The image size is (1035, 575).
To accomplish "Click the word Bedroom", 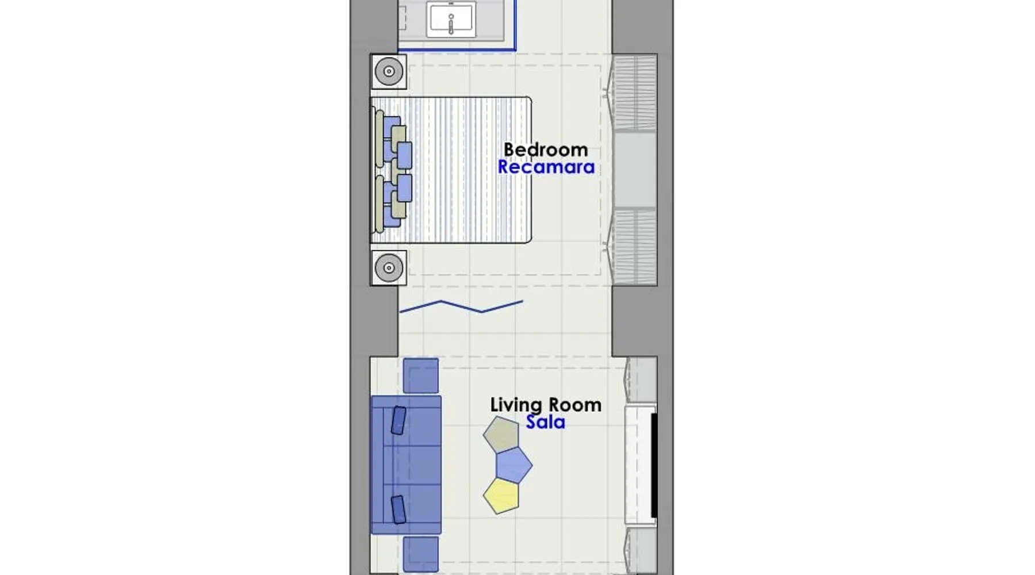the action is coord(546,149).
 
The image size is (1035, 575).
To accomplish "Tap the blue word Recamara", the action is coord(546,167).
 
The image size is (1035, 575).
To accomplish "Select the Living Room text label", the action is coord(546,404).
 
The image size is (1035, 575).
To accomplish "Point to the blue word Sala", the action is coord(545,422).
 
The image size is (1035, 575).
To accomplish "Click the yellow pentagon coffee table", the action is coord(501,495).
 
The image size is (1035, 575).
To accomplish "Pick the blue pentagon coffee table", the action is coord(514,465).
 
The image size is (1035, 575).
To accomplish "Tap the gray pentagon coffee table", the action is coord(501,434).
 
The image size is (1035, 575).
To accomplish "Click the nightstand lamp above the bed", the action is coord(389,71).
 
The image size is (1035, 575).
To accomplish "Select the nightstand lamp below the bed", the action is coord(389,268).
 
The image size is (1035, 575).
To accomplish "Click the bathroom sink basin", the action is coord(451,18).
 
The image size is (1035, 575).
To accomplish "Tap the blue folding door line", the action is coord(461,306).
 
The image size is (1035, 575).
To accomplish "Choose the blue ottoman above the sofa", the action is coord(421,375).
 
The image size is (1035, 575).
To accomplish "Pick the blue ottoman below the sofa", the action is coord(421,554).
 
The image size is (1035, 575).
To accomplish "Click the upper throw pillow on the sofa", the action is coord(398,420).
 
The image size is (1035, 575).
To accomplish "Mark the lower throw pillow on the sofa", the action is coord(398,509).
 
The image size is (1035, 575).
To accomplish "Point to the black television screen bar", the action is coord(654,465).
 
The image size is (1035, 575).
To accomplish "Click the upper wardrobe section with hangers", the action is coord(634,92).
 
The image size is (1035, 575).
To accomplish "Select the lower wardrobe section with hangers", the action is coord(634,246).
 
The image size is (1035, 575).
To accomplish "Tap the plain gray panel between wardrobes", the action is coord(634,170).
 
